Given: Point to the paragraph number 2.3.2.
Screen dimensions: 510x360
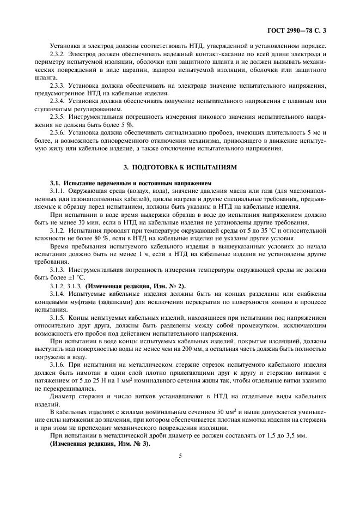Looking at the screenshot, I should [x=57, y=54].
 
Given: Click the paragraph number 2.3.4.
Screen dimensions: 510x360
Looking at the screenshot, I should [x=57, y=101].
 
